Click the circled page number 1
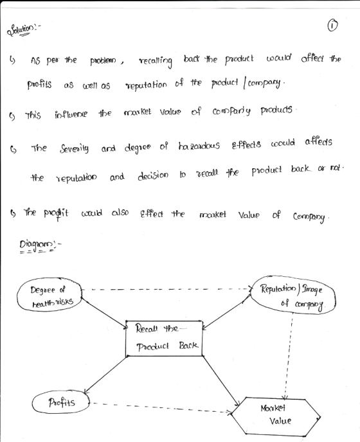click(x=332, y=26)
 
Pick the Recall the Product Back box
click(x=164, y=339)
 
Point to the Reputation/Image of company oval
click(x=292, y=296)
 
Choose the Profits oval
click(x=61, y=402)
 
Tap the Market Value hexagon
click(x=275, y=416)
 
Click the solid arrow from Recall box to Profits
click(x=105, y=375)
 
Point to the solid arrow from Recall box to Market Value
click(x=221, y=376)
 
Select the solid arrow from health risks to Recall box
click(x=105, y=313)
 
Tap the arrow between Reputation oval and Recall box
click(x=226, y=311)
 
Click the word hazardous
click(x=199, y=146)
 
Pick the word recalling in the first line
click(x=156, y=61)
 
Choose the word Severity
click(x=74, y=148)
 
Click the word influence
click(x=71, y=114)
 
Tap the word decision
click(x=153, y=176)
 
